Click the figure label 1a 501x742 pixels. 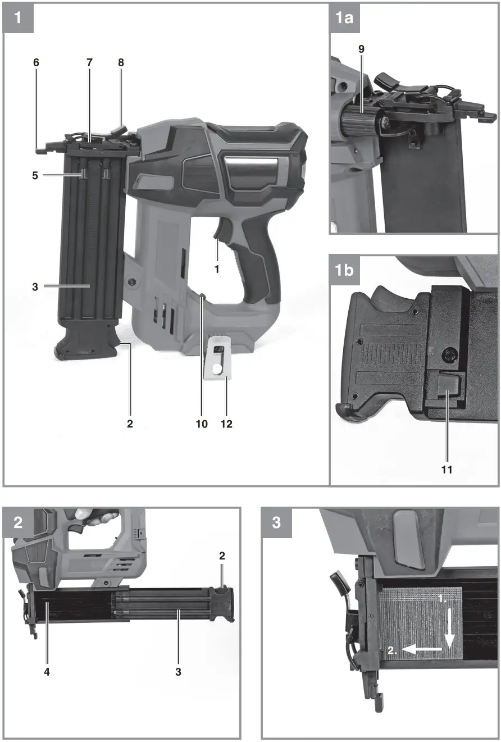344,19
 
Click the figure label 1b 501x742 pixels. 345,270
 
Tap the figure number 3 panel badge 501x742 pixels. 276,523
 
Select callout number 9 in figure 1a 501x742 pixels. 361,49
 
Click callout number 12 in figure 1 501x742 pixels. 226,424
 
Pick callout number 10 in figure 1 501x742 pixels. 202,424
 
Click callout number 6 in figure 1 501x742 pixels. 37,62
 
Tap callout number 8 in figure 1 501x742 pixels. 121,62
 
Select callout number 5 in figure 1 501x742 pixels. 35,175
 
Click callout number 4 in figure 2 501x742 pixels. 47,671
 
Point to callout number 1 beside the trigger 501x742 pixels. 216,268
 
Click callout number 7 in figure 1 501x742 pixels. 89,62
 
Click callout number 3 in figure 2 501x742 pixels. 179,671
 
